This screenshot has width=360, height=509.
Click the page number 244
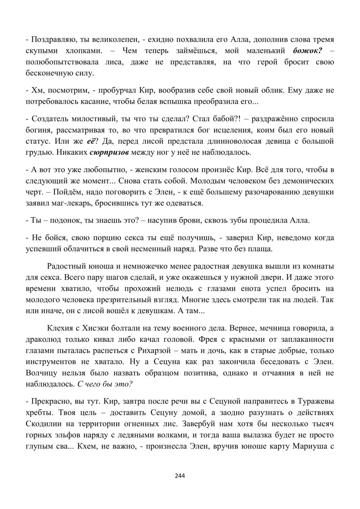180,476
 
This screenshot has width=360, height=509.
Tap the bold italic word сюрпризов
109,152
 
